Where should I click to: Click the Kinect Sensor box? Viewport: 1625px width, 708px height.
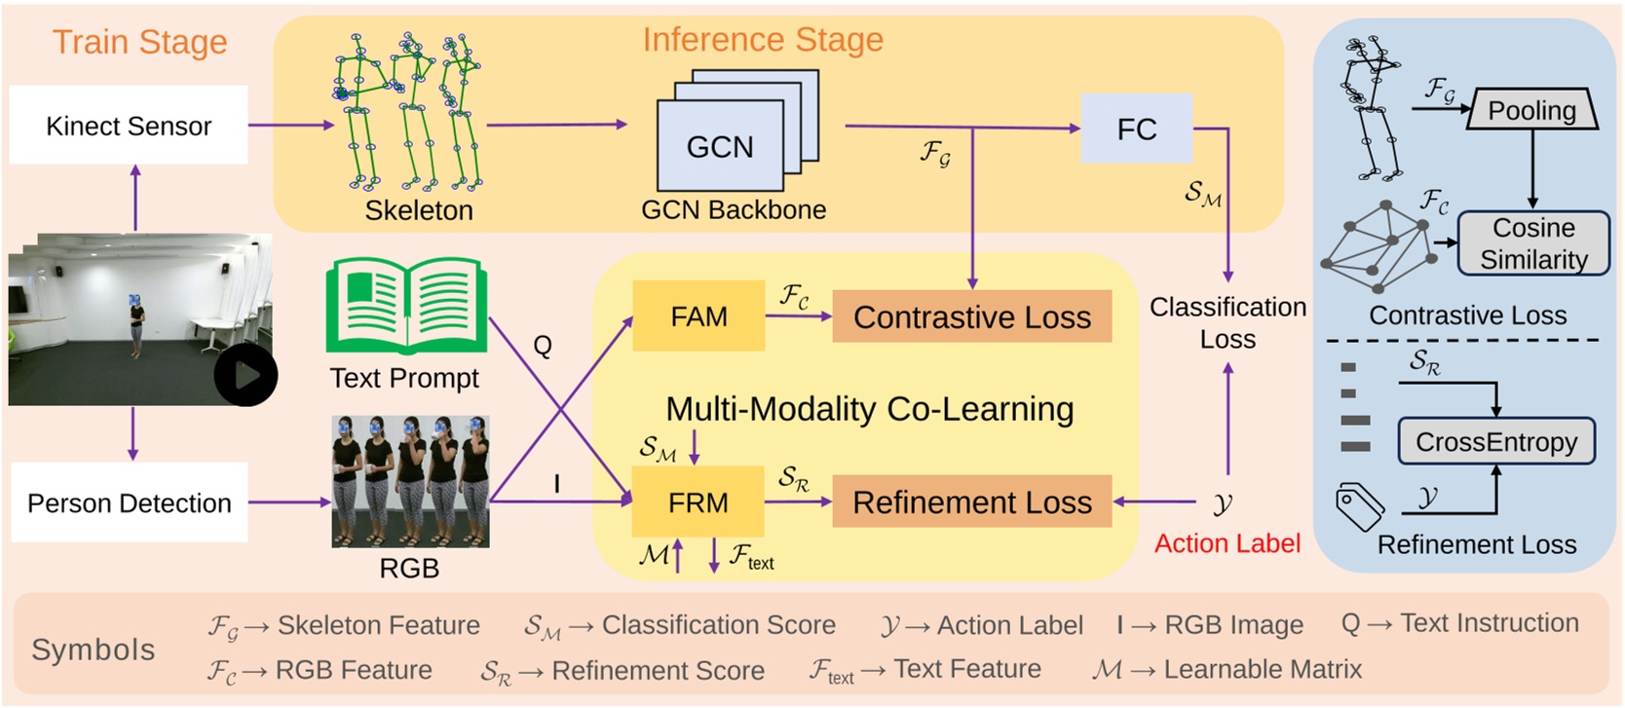tap(129, 125)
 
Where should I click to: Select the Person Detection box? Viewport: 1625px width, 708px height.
tap(129, 503)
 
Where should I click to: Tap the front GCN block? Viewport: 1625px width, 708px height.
tap(719, 147)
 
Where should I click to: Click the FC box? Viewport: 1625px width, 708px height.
tap(1136, 129)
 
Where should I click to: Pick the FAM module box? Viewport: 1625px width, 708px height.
tap(699, 317)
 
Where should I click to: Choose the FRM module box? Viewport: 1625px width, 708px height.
tap(698, 503)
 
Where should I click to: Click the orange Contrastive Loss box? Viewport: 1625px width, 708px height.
tap(971, 317)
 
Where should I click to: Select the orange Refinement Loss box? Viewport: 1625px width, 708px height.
tap(971, 503)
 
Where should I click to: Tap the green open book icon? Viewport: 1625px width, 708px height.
tap(405, 306)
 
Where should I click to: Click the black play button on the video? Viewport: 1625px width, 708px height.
tap(246, 375)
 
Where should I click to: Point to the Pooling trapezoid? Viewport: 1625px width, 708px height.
tap(1531, 110)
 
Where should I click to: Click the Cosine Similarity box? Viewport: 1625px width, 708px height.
tap(1532, 243)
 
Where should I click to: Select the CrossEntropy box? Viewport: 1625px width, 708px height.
tap(1495, 442)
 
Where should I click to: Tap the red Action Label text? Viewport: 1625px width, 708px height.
tap(1227, 543)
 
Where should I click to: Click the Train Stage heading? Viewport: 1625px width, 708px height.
tap(139, 42)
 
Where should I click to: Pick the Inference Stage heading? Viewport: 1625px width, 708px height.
tap(762, 39)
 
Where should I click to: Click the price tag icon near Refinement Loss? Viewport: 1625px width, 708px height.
tap(1360, 506)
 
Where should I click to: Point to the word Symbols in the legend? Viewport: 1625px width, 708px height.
tap(94, 650)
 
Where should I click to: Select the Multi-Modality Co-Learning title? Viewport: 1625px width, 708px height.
tap(869, 409)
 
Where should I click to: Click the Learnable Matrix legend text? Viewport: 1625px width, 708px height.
tap(1262, 670)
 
